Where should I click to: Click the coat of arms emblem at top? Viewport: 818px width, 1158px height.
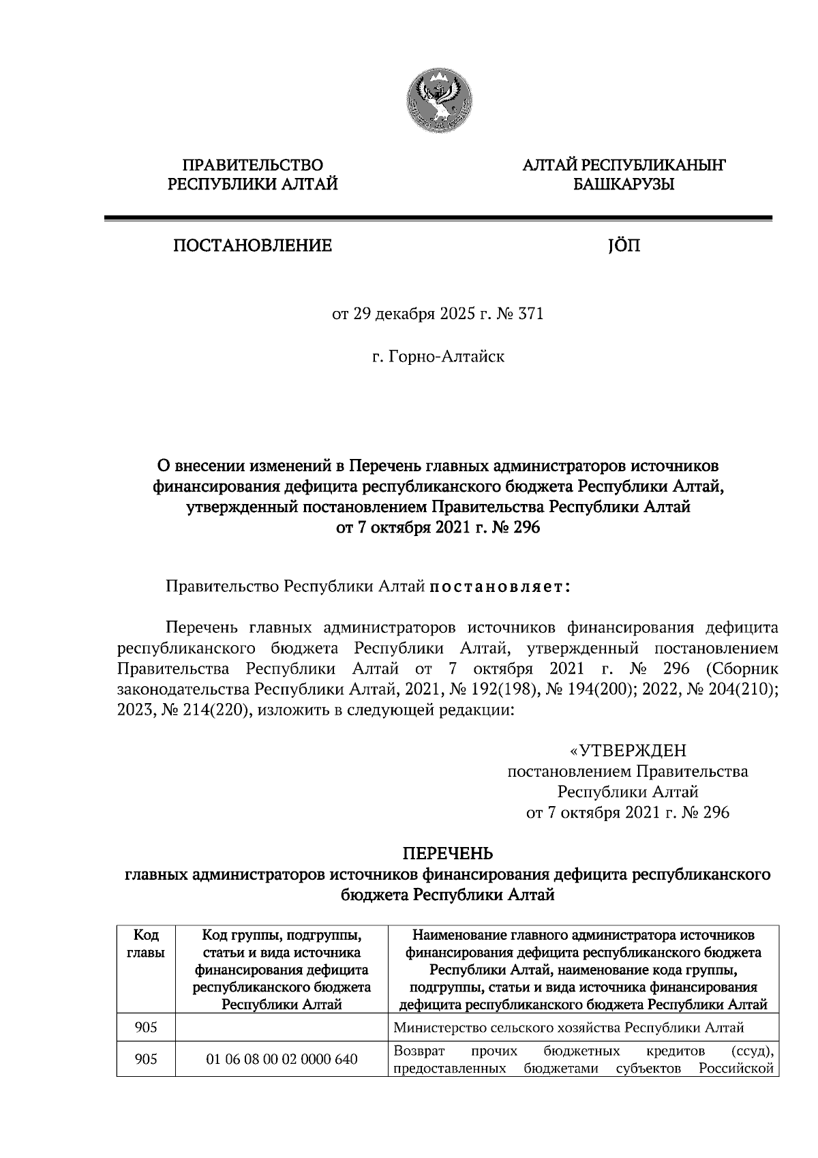pos(437,102)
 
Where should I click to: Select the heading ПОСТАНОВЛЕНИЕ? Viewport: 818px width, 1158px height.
pos(252,246)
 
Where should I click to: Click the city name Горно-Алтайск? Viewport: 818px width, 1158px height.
pos(446,356)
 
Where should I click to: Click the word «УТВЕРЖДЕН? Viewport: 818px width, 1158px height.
pos(628,751)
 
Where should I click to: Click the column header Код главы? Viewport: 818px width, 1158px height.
pos(146,943)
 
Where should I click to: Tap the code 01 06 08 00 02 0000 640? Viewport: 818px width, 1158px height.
pos(282,1059)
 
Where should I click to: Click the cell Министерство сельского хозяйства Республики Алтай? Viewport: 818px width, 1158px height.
pos(569,1028)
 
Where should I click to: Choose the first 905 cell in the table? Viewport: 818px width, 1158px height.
pos(146,1028)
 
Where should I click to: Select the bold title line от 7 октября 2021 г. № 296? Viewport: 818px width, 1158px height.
pos(438,527)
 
